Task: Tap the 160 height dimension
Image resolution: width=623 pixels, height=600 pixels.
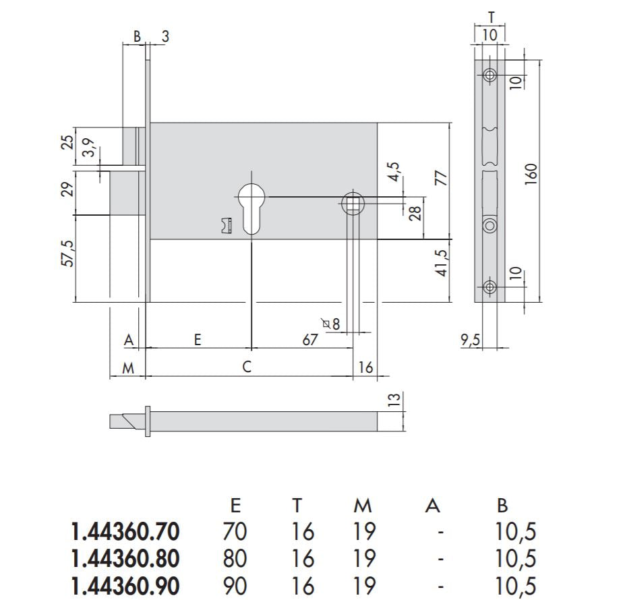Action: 530,176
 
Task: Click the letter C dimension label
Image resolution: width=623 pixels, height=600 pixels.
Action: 247,367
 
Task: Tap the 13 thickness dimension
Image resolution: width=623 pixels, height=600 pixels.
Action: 396,400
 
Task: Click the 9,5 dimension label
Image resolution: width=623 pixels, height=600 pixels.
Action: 471,340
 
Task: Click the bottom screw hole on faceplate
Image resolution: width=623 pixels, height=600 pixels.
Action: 489,288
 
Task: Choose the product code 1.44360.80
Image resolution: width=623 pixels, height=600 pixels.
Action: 125,559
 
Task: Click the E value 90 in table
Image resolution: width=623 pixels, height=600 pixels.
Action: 235,586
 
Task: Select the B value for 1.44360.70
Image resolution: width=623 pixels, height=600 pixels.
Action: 516,532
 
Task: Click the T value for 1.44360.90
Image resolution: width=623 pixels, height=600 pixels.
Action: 303,586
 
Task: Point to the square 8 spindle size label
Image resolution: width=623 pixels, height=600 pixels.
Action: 331,324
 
